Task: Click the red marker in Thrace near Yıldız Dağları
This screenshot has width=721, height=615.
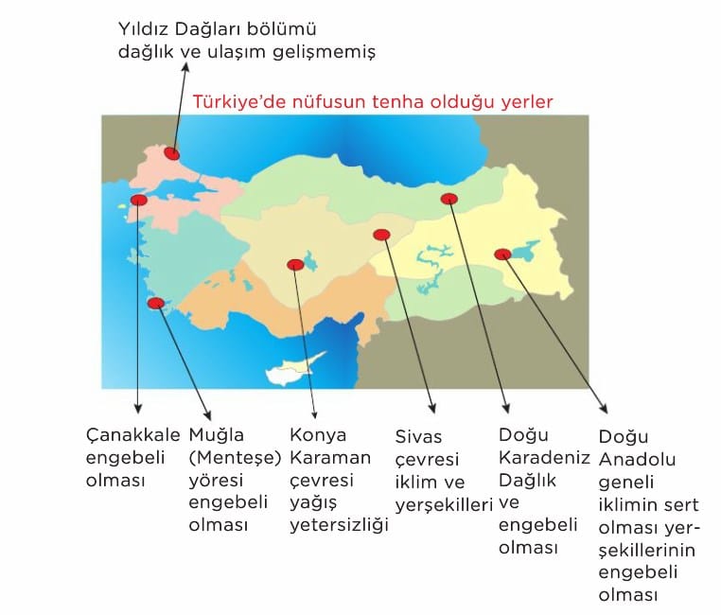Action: (x=172, y=154)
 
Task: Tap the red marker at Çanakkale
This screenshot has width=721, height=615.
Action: (x=138, y=200)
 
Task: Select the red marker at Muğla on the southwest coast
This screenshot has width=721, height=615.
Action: (x=156, y=303)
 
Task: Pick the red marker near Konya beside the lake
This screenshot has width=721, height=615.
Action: (x=295, y=265)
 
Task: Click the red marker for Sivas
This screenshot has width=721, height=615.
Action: (x=381, y=235)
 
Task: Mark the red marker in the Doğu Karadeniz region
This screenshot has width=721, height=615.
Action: (x=448, y=199)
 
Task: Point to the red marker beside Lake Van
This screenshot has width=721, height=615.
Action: (x=502, y=255)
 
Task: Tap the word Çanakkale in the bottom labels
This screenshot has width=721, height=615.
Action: (x=132, y=436)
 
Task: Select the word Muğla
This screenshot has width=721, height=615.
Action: (x=216, y=436)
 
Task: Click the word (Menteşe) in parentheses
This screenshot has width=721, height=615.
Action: (x=235, y=458)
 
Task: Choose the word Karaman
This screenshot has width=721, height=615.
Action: (x=330, y=458)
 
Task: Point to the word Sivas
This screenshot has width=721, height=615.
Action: (x=418, y=437)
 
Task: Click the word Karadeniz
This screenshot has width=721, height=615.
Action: (x=544, y=458)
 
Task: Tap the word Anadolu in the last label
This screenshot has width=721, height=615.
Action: (x=637, y=459)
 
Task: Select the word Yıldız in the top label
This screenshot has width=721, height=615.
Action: (x=144, y=29)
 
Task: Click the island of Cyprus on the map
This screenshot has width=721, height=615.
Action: (x=294, y=369)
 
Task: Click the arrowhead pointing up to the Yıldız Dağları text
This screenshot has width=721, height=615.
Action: (x=185, y=67)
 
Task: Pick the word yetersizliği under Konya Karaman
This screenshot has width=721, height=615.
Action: (x=340, y=525)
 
